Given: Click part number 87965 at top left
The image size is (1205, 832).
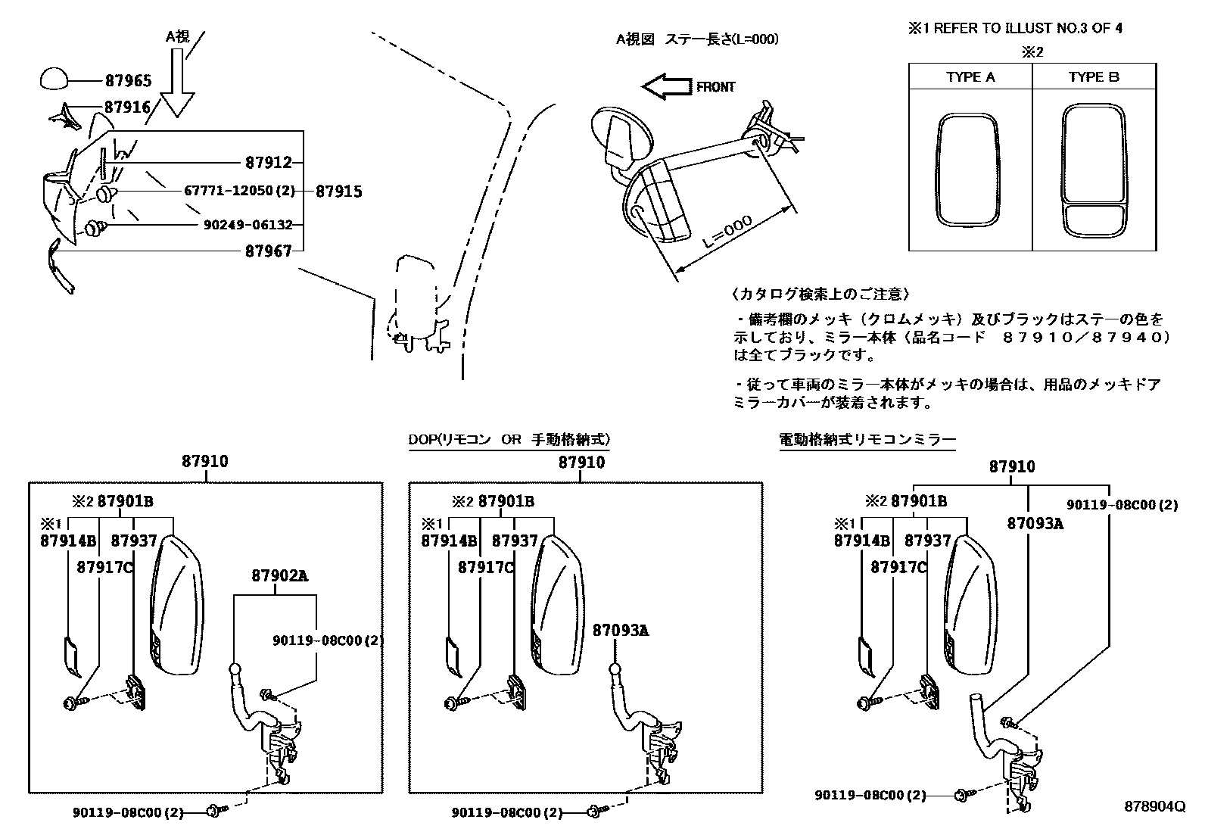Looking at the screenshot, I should click(x=128, y=80).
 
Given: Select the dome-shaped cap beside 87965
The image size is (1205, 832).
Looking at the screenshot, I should click(x=52, y=79).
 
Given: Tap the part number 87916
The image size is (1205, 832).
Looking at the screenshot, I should click(x=128, y=108).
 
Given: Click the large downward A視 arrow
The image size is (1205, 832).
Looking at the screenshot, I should click(x=178, y=83).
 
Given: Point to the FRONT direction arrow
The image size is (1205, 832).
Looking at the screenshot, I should click(x=666, y=87).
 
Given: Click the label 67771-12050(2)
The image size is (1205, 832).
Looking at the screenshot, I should click(x=239, y=191).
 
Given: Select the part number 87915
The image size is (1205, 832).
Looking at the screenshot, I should click(x=338, y=192).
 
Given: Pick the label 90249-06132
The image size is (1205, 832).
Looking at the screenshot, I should click(x=248, y=225).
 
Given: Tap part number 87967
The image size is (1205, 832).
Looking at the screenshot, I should click(x=268, y=251).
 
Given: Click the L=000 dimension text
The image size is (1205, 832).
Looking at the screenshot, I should click(x=727, y=233).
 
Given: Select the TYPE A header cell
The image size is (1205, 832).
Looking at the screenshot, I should click(x=970, y=77).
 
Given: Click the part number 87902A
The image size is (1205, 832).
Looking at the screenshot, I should click(x=279, y=575).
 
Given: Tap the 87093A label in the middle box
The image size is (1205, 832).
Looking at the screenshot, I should click(x=620, y=630).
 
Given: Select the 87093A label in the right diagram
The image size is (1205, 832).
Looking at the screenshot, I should click(x=1035, y=522).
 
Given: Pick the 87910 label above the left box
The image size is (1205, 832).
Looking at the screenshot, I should click(x=204, y=461).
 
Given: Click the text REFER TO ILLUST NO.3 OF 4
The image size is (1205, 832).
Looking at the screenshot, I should click(x=1027, y=29).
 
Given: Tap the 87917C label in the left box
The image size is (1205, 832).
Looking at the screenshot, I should click(x=104, y=567).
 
